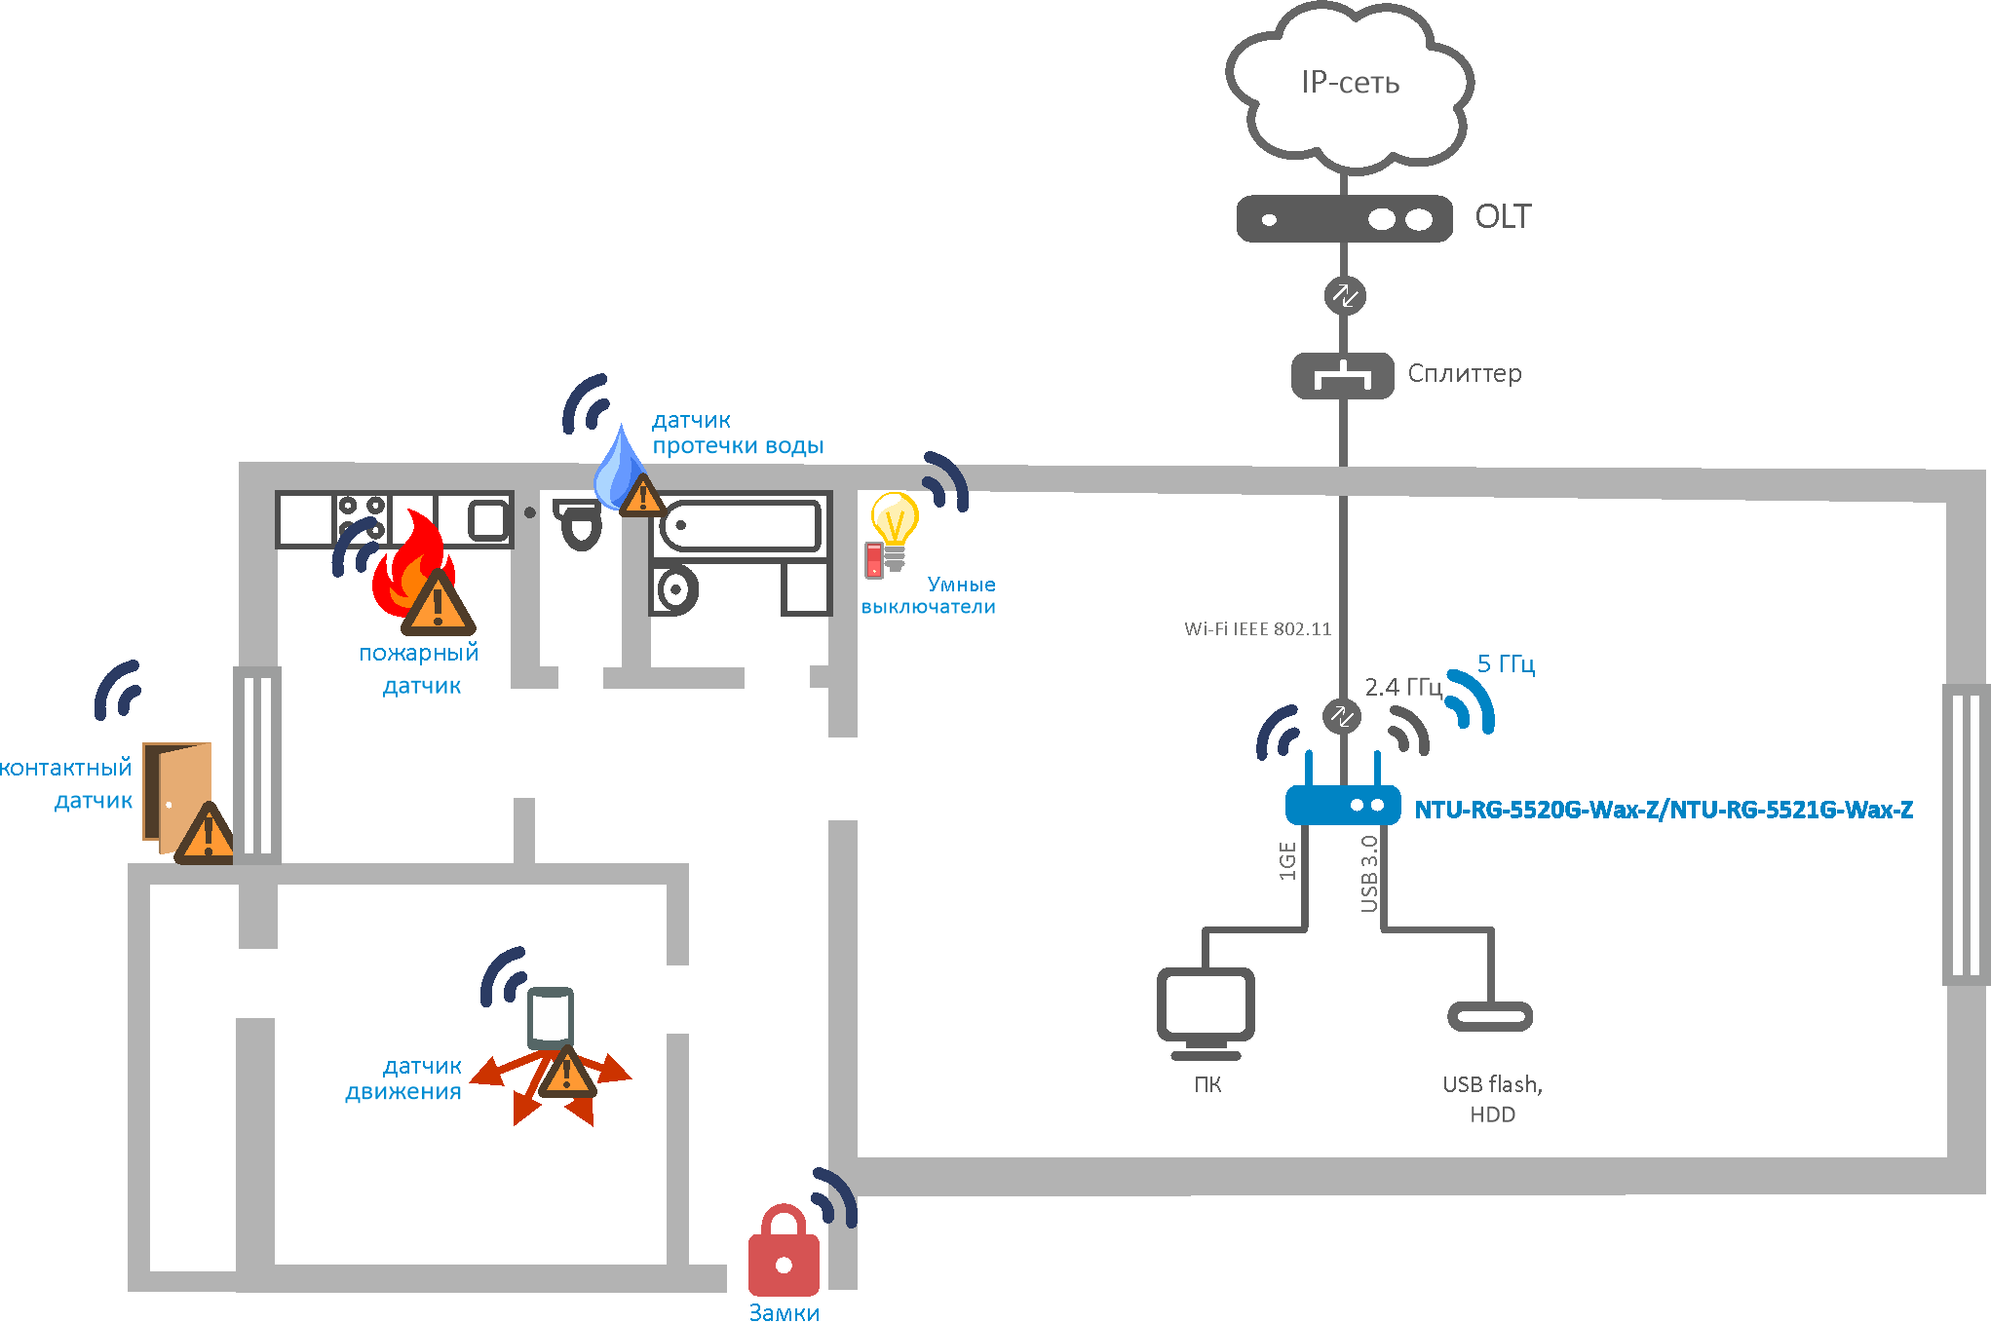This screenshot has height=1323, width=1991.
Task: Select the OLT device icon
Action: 1344,219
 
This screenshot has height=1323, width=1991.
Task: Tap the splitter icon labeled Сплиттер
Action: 1342,376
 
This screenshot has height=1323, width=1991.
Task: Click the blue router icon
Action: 1343,805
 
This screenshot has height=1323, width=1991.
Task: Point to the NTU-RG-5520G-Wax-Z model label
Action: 1664,810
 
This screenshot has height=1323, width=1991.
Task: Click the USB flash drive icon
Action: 1490,1016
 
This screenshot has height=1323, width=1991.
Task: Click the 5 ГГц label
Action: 1506,664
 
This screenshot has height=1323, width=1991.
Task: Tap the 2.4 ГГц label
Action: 1402,688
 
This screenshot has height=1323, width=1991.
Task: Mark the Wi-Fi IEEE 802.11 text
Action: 1257,629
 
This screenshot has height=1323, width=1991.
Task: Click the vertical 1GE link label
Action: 1287,861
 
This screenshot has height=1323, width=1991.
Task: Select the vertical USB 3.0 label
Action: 1369,874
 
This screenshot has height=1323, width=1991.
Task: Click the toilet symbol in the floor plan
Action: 580,524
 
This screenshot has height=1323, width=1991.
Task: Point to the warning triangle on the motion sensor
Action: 567,1075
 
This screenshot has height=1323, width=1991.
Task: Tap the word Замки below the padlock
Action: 784,1312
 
